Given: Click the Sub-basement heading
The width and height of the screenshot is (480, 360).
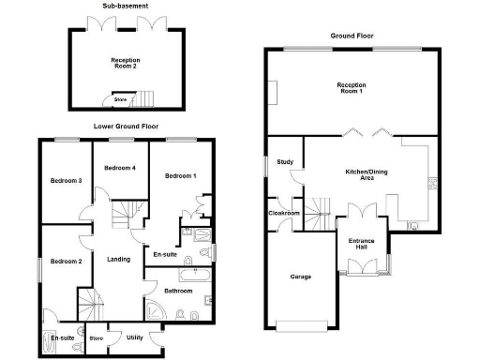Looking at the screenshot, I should (122, 7).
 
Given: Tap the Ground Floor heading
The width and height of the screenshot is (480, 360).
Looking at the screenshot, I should (352, 37).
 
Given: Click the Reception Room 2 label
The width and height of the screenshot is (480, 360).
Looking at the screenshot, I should (125, 63).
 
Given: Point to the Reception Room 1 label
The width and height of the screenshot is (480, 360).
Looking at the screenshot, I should (352, 88).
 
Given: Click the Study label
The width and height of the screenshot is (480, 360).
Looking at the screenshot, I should (285, 162).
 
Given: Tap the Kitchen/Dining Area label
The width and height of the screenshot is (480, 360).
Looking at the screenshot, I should (348, 175).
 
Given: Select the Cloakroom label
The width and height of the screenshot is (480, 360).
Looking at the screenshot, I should (284, 214).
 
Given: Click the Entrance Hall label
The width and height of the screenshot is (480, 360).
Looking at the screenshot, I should (362, 245).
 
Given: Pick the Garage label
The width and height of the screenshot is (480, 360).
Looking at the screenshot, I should (300, 277).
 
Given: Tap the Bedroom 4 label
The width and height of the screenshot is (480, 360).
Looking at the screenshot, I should (120, 168).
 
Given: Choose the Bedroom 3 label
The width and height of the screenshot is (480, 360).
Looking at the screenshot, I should (66, 180).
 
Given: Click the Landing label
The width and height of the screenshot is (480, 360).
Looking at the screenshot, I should (118, 260).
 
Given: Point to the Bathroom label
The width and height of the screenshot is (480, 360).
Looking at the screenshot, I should (178, 292).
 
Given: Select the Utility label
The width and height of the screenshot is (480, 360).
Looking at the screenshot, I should (134, 337).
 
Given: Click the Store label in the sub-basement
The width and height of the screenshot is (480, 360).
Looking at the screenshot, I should (119, 98).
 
